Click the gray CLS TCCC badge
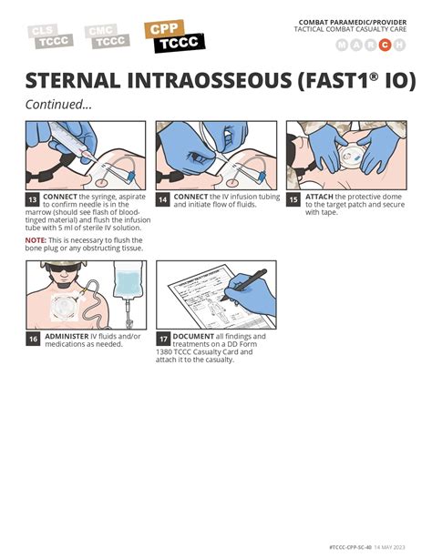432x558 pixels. (50, 36)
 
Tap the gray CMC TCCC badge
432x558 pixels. (108, 36)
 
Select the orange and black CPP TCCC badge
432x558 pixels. (174, 36)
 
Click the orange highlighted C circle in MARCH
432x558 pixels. (384, 46)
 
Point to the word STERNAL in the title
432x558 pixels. (77, 80)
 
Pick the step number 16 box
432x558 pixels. (32, 339)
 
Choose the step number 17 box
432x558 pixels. (162, 339)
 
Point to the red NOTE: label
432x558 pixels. (36, 238)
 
